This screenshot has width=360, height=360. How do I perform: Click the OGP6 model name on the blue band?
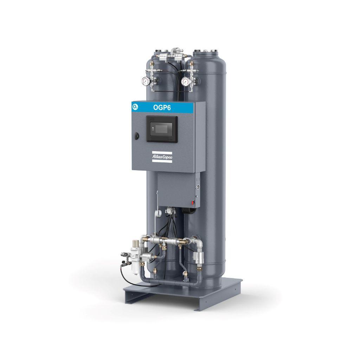pyautogui.click(x=162, y=108)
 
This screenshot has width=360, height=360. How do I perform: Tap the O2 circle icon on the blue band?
pyautogui.click(x=135, y=107)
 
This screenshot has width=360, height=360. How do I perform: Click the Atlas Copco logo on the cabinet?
pyautogui.click(x=162, y=157)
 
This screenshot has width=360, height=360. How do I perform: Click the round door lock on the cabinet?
pyautogui.click(x=137, y=136)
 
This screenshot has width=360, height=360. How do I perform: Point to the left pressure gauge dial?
pyautogui.click(x=146, y=81)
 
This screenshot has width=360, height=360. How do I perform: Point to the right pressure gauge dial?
pyautogui.click(x=185, y=81)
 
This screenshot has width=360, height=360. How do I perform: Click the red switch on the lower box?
pyautogui.click(x=193, y=202)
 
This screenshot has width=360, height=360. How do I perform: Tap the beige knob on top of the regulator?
pyautogui.click(x=136, y=243)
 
